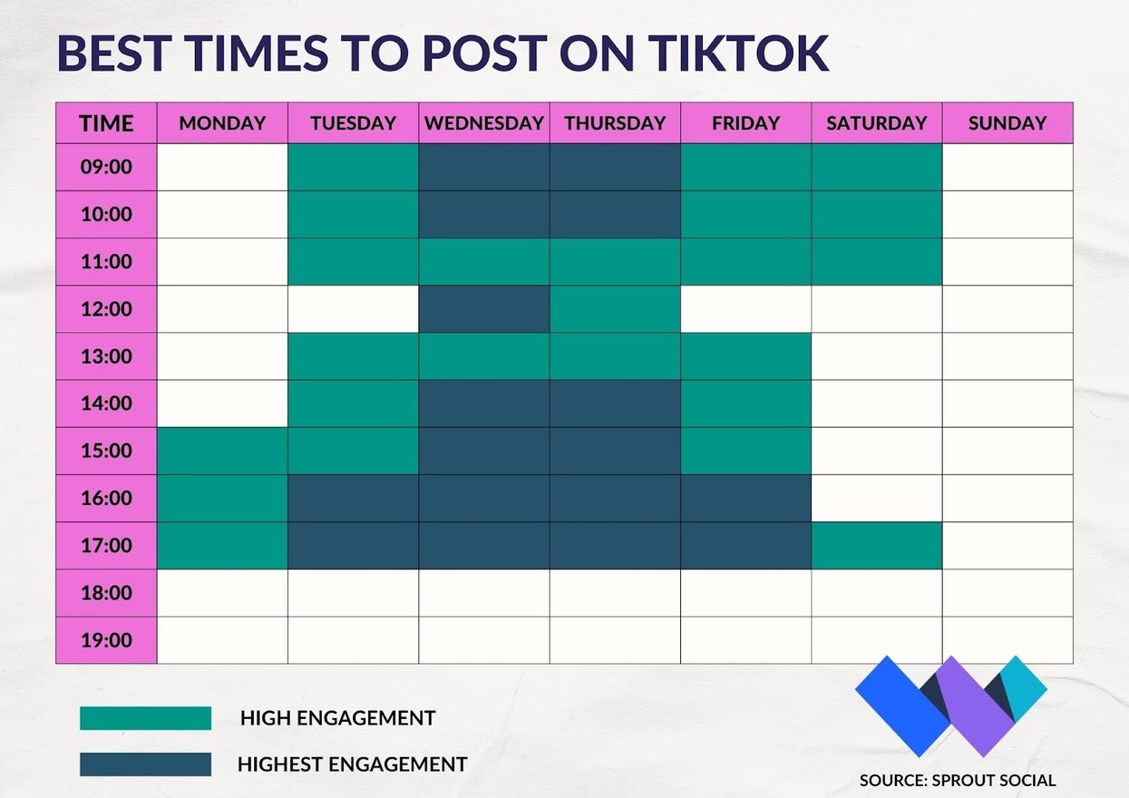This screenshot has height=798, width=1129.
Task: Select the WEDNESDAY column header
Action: point(484,123)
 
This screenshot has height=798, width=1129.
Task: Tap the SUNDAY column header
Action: point(1007,123)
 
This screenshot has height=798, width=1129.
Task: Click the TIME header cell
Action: point(106,123)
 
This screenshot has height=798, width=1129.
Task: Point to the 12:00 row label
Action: point(106,309)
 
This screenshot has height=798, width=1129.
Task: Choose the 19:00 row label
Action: point(106,640)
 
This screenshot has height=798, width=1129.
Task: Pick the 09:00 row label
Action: point(106,167)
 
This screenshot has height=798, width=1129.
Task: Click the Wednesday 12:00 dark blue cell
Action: point(484,309)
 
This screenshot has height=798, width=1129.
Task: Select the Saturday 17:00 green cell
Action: point(877,545)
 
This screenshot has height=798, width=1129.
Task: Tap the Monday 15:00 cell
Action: point(222,451)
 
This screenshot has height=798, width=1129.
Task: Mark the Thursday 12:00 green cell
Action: point(615,309)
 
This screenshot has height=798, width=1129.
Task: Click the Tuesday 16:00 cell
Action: point(353,498)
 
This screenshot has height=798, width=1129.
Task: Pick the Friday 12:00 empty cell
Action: point(746,309)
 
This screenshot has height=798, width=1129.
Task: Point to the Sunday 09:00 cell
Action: point(1007,167)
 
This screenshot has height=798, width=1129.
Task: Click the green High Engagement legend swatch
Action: point(145,718)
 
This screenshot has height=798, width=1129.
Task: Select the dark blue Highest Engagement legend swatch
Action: point(145,764)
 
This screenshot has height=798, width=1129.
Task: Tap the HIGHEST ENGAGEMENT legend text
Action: point(353,764)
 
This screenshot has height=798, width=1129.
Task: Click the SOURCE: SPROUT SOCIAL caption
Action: point(958,781)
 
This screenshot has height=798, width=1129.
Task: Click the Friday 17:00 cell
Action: point(746,545)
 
